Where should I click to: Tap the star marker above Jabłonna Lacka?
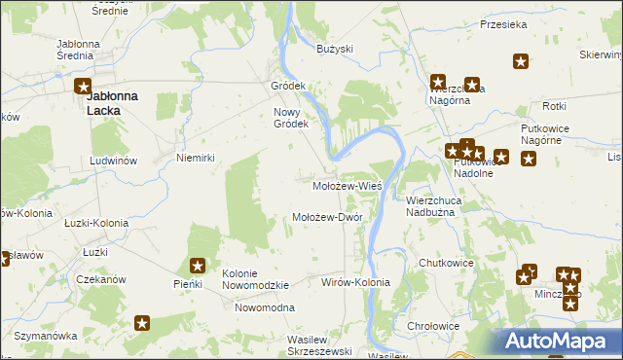click(x=85, y=86)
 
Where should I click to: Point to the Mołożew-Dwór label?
click(x=327, y=217)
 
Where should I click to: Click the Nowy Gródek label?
click(x=290, y=117)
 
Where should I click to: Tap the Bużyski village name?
click(x=335, y=48)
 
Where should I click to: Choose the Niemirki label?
click(x=194, y=157)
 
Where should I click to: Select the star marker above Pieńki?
click(x=198, y=265)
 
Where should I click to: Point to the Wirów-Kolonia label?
click(x=355, y=282)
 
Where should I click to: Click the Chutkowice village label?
click(x=445, y=263)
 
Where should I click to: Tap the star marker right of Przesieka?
click(x=521, y=62)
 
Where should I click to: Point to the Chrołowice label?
click(x=433, y=327)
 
